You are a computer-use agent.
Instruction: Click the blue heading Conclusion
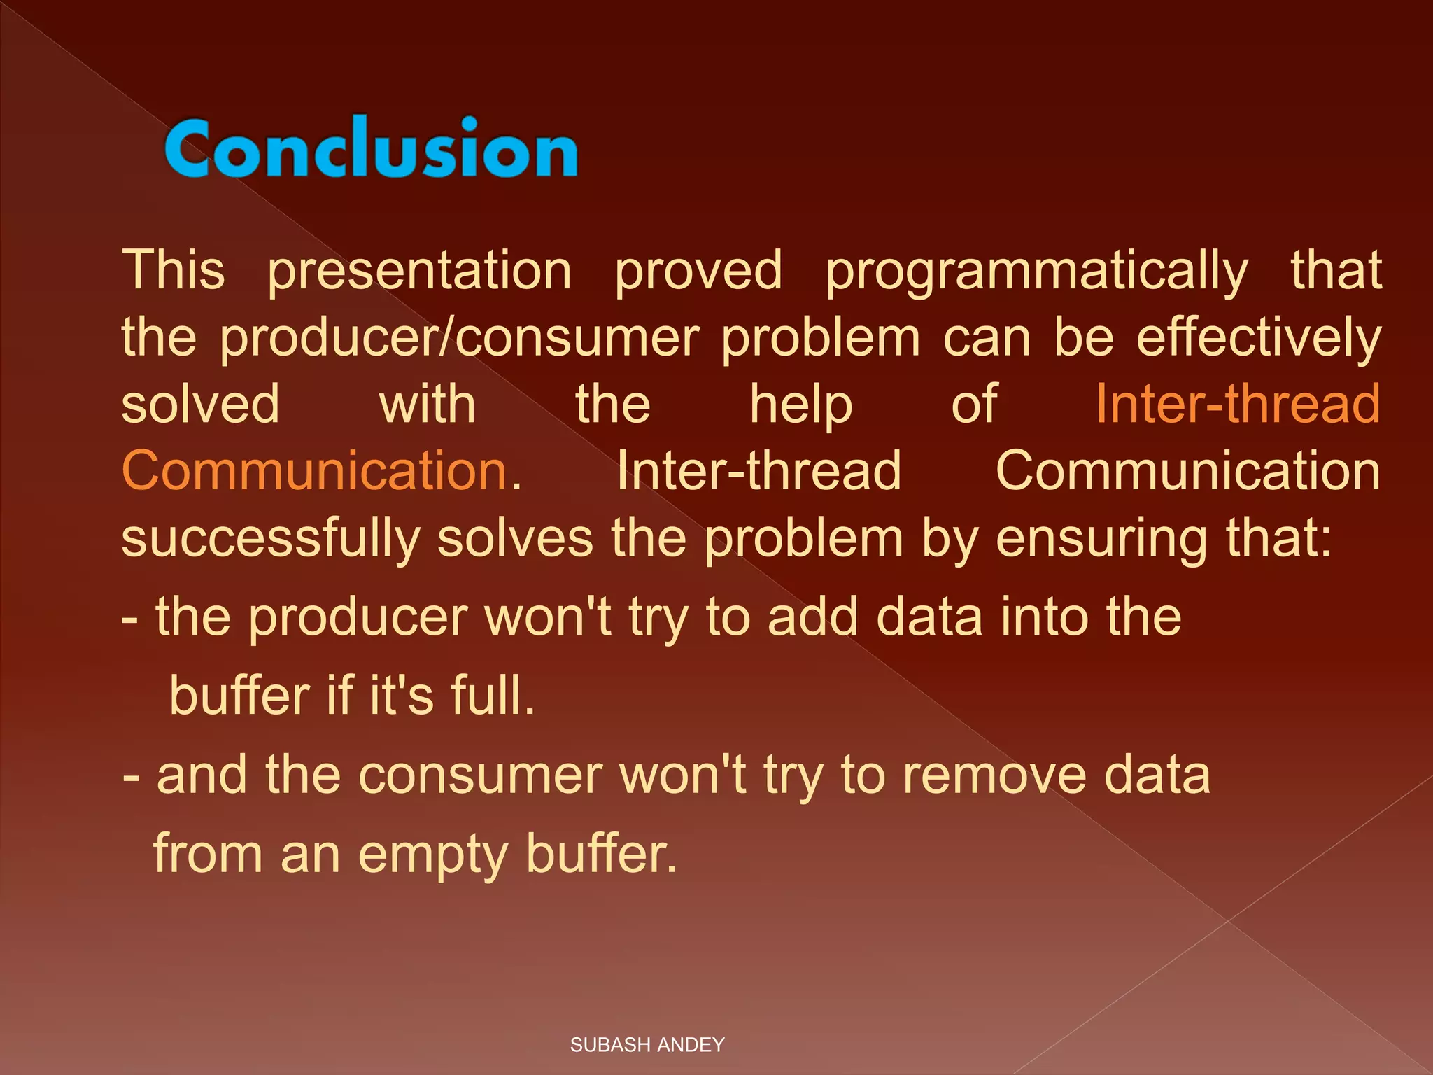pyautogui.click(x=371, y=148)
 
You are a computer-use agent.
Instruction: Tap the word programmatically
pyautogui.click(x=1036, y=272)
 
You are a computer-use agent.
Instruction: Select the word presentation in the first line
pyautogui.click(x=420, y=272)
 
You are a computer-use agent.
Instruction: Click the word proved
pyautogui.click(x=698, y=272)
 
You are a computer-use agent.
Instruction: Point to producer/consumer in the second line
pyautogui.click(x=460, y=339)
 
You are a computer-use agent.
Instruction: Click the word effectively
pyautogui.click(x=1258, y=339)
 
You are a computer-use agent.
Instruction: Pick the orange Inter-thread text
pyautogui.click(x=1237, y=405)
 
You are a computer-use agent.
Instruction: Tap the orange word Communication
pyautogui.click(x=315, y=470)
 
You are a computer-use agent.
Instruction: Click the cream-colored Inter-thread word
pyautogui.click(x=758, y=470)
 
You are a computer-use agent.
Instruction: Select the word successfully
pyautogui.click(x=270, y=539)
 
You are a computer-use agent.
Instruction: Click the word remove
pyautogui.click(x=994, y=775)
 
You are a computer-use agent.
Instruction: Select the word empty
pyautogui.click(x=432, y=855)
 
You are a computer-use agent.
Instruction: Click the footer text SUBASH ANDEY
pyautogui.click(x=647, y=1045)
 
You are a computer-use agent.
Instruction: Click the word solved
pyautogui.click(x=200, y=405)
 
